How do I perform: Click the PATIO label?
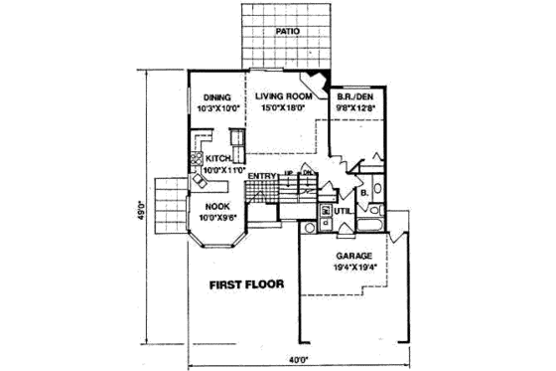286,32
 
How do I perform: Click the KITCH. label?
218,159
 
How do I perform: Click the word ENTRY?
262,176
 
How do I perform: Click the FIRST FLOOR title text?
246,284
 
